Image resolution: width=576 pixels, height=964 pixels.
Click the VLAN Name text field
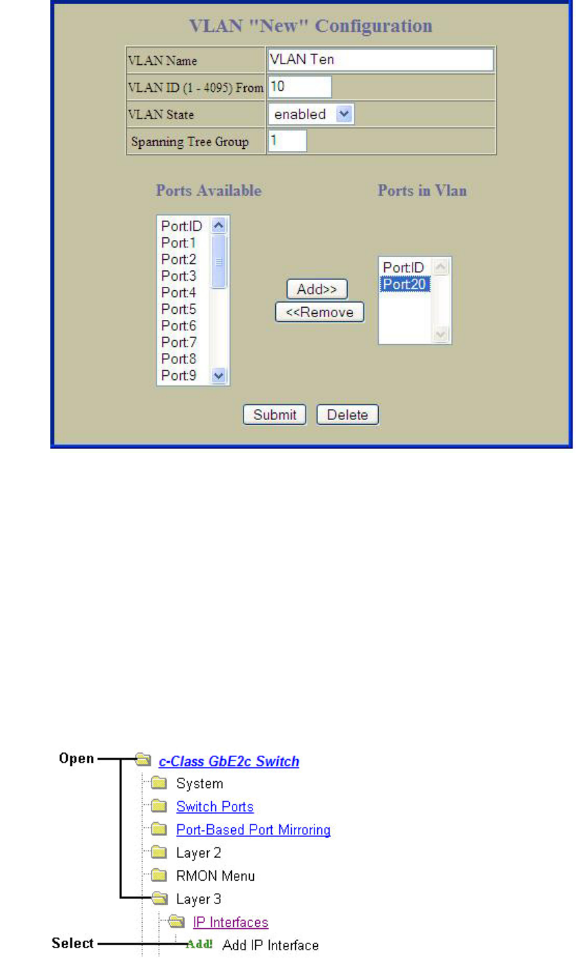[379, 60]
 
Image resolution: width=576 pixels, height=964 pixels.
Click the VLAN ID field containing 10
[299, 87]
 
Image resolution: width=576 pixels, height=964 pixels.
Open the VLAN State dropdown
[344, 114]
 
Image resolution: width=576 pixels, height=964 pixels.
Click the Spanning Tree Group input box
[286, 141]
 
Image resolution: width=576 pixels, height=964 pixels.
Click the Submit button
[274, 415]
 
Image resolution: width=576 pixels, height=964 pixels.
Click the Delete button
[348, 415]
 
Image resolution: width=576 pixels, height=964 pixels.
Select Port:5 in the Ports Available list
[178, 308]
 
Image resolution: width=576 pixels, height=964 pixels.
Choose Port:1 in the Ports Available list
[178, 242]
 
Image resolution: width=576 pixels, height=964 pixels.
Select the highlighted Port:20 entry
[404, 283]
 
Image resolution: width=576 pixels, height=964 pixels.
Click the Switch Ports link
[215, 806]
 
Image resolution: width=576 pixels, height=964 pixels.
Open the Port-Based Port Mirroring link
[253, 830]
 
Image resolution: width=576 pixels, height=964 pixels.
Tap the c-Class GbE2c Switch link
[229, 761]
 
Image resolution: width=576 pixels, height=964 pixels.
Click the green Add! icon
[199, 944]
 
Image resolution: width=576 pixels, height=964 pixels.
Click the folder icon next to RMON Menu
[159, 876]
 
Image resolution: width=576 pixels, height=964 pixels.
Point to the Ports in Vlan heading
[421, 191]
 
